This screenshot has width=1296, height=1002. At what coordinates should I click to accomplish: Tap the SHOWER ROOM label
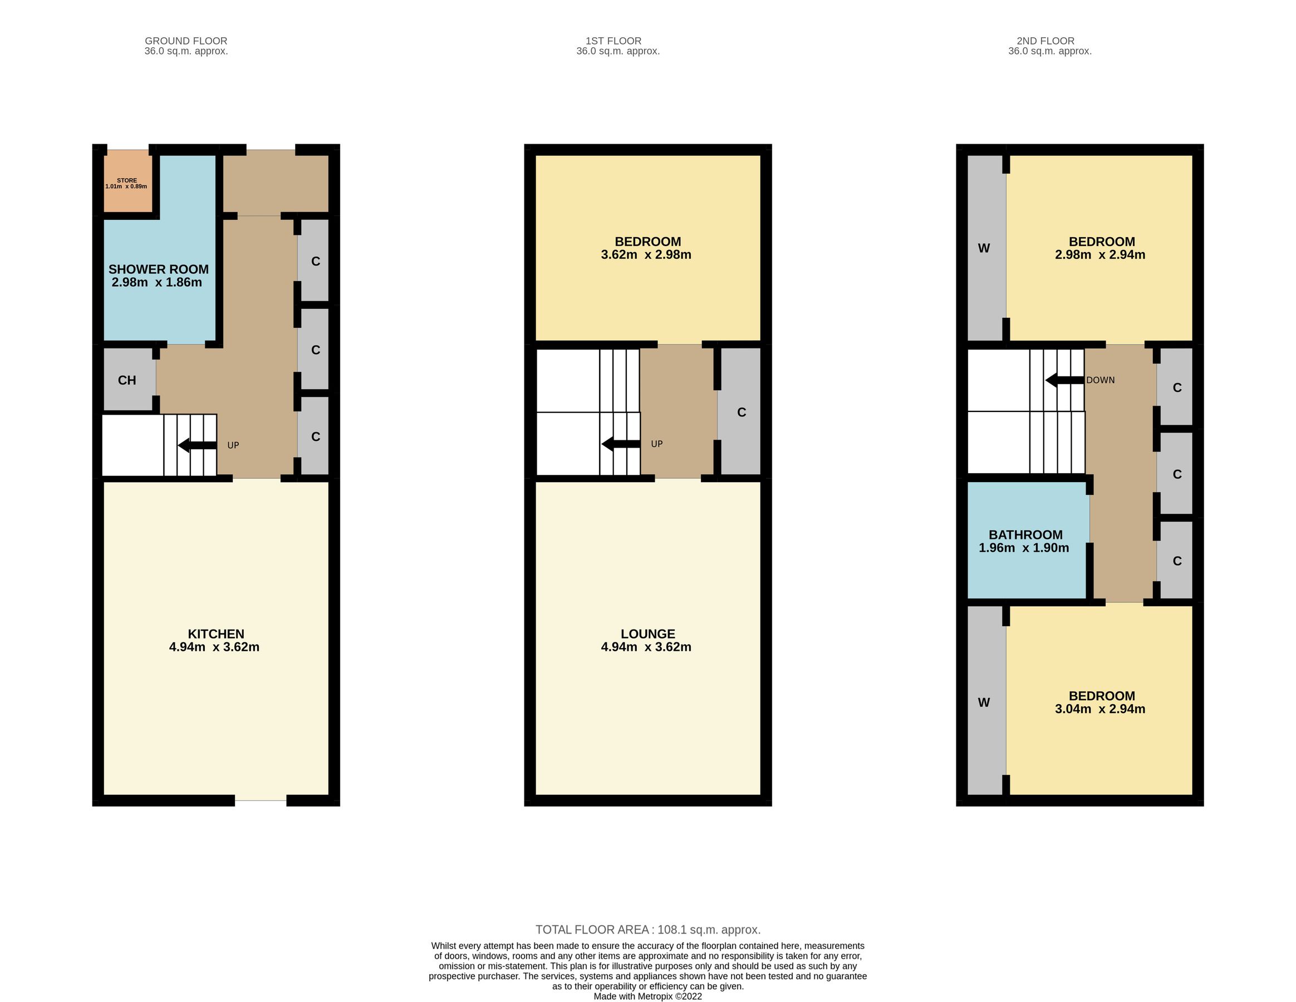(x=158, y=269)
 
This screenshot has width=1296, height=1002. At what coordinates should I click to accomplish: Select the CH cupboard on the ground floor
(x=127, y=380)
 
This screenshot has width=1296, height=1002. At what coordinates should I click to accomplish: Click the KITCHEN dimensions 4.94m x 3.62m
(x=214, y=647)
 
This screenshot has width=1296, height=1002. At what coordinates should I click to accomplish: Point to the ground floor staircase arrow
(x=197, y=445)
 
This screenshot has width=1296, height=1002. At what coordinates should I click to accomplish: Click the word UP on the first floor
(x=656, y=444)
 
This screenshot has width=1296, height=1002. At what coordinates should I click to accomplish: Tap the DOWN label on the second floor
(x=1100, y=380)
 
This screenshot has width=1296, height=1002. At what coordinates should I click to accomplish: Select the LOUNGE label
(x=647, y=633)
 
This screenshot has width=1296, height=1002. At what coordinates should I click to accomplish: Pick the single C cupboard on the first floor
(x=740, y=412)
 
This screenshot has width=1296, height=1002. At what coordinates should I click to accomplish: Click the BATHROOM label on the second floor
(x=1025, y=534)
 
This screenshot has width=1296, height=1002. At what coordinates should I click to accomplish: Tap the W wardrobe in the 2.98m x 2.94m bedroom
(x=984, y=248)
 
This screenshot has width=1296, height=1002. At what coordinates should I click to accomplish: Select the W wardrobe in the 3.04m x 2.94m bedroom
(x=984, y=703)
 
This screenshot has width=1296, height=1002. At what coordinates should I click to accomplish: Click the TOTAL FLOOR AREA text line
(x=647, y=930)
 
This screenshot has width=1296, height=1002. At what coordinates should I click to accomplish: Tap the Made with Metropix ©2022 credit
(x=647, y=996)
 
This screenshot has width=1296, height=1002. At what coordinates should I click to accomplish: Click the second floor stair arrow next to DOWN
(x=1064, y=380)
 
